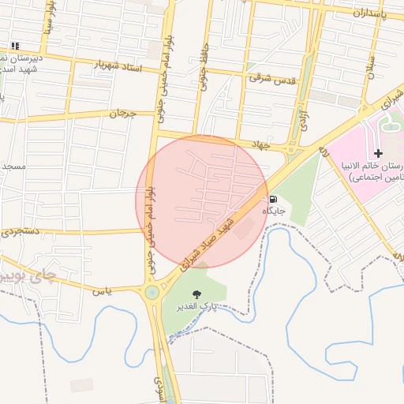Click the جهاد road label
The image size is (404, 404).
click(260, 145)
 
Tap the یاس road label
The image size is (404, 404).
click(100, 291)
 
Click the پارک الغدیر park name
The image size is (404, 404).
click(195, 305)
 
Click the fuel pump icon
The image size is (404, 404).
click(273, 200)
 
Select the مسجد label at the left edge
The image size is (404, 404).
click(14, 167)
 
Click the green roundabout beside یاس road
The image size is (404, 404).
click(151, 293)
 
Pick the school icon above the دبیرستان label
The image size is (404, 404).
click(15, 46)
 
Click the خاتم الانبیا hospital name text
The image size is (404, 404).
click(376, 167)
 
